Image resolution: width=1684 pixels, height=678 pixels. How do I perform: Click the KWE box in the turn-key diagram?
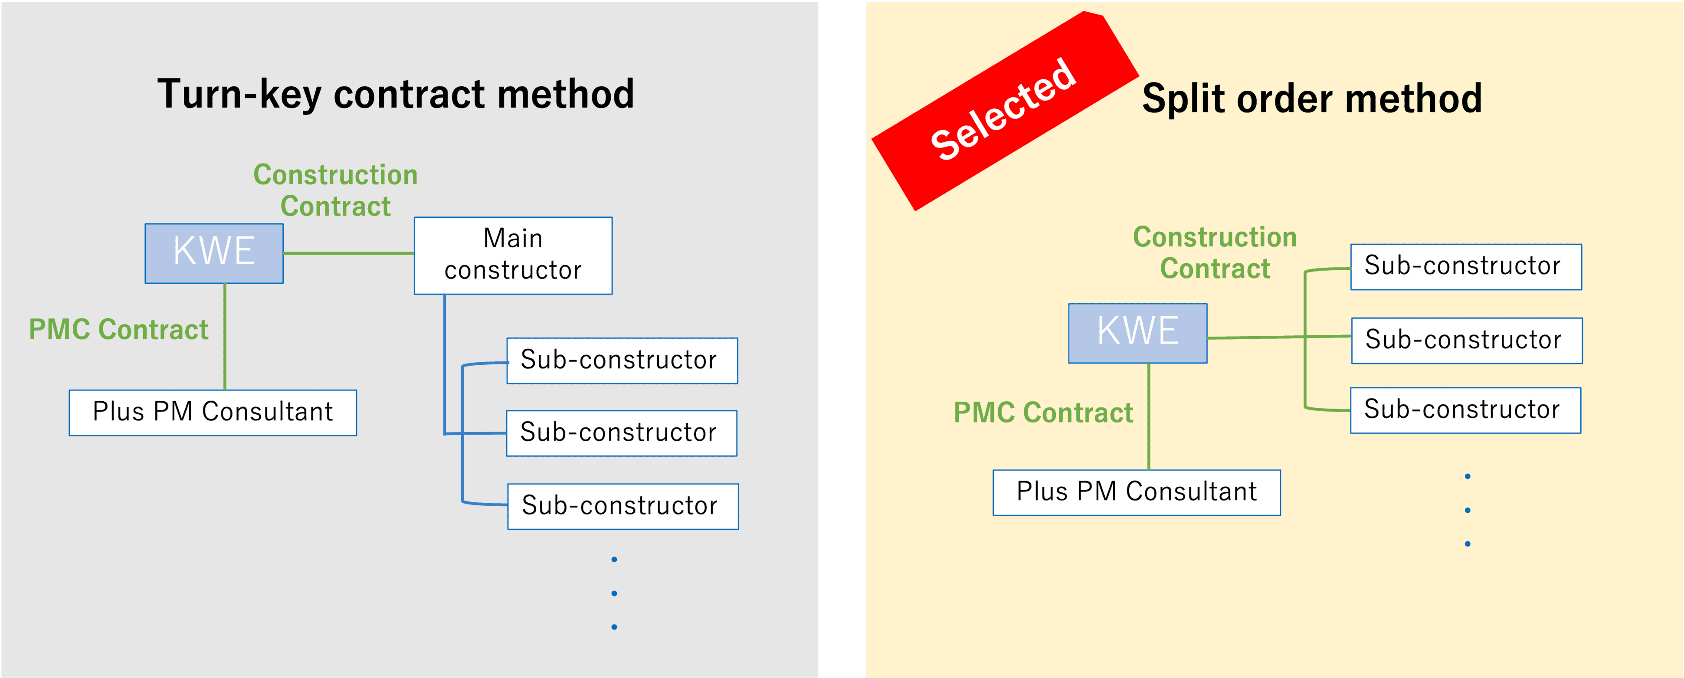coord(214,253)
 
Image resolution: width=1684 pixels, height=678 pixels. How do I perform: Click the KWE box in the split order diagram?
coord(1137,333)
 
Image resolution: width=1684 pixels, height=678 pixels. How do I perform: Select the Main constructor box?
coord(513,255)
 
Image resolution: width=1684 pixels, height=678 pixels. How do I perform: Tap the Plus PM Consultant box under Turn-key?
coord(213,413)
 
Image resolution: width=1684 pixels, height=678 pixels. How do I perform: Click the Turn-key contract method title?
coord(396,94)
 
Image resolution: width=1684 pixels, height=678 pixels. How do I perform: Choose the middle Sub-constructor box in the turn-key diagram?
coord(621,433)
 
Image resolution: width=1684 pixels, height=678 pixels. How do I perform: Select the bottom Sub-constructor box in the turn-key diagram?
coord(622,506)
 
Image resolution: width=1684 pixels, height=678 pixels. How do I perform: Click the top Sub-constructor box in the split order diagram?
coord(1466,267)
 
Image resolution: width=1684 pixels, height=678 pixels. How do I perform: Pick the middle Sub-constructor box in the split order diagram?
coord(1466,341)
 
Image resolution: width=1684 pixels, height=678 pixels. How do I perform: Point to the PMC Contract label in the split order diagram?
coord(1043,413)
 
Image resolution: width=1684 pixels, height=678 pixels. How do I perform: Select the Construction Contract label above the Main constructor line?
coord(335,190)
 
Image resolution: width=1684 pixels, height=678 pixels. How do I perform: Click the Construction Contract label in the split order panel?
coord(1215,252)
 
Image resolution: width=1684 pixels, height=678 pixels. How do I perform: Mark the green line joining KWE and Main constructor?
coord(348,253)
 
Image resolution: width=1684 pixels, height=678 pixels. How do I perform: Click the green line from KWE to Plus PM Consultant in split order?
coord(1149,416)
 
